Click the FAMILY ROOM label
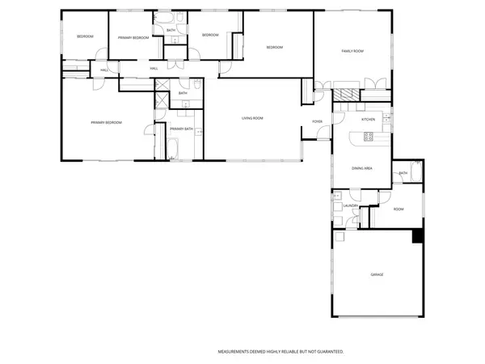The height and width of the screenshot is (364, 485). [x=352, y=51]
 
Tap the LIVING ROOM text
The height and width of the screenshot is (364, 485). [x=252, y=118]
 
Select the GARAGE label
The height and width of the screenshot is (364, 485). [x=377, y=275]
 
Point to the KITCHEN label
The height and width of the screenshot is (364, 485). [x=369, y=120]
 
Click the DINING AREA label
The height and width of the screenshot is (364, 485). [x=361, y=167]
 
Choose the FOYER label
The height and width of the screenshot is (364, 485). [x=318, y=122]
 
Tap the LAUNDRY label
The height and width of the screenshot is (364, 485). [x=350, y=206]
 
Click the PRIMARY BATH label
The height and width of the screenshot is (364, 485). [x=181, y=129]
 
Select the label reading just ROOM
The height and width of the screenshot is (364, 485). [x=398, y=210]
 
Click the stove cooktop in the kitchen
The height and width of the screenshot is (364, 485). [x=368, y=136]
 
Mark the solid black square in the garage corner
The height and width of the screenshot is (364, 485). [x=417, y=236]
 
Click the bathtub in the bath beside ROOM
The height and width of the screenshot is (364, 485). [x=415, y=172]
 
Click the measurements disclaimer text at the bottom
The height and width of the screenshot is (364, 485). [x=280, y=352]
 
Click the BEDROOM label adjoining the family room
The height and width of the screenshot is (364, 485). [x=275, y=48]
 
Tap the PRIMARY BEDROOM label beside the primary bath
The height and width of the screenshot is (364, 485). [x=106, y=122]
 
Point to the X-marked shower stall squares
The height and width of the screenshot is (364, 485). [x=161, y=98]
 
